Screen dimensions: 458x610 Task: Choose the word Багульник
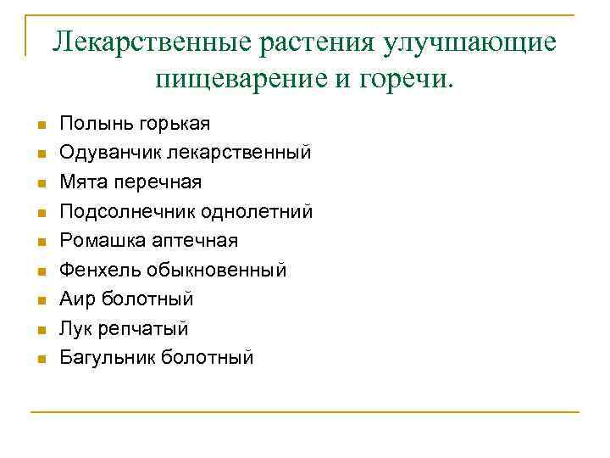pos(108,357)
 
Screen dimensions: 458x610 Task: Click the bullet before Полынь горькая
pos(40,126)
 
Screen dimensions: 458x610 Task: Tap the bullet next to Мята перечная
pos(40,183)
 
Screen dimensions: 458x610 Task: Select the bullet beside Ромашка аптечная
pos(40,242)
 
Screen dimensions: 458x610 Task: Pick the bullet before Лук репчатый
pos(40,329)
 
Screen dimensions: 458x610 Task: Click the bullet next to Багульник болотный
pos(40,359)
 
